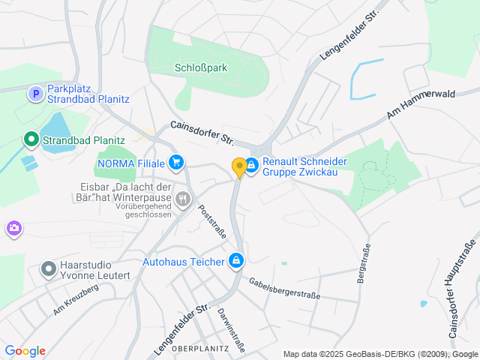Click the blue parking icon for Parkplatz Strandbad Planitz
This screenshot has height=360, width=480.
coord(35,94)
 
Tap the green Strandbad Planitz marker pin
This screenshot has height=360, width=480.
coord(31,139)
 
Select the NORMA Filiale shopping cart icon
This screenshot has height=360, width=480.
coord(176,162)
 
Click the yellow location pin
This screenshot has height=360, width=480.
coord(239,168)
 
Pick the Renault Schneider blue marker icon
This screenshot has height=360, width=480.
coord(252,164)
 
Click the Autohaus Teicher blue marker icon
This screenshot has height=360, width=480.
coord(236,261)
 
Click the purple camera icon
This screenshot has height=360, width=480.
coord(13,228)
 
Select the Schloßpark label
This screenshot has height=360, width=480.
coord(200,67)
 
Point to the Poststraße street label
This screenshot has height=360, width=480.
coord(212,221)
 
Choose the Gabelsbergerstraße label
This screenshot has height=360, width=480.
coord(285,289)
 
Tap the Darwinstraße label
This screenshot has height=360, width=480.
coord(234,327)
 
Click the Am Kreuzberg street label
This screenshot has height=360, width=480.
coord(76,299)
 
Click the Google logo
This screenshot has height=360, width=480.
coord(25,351)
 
